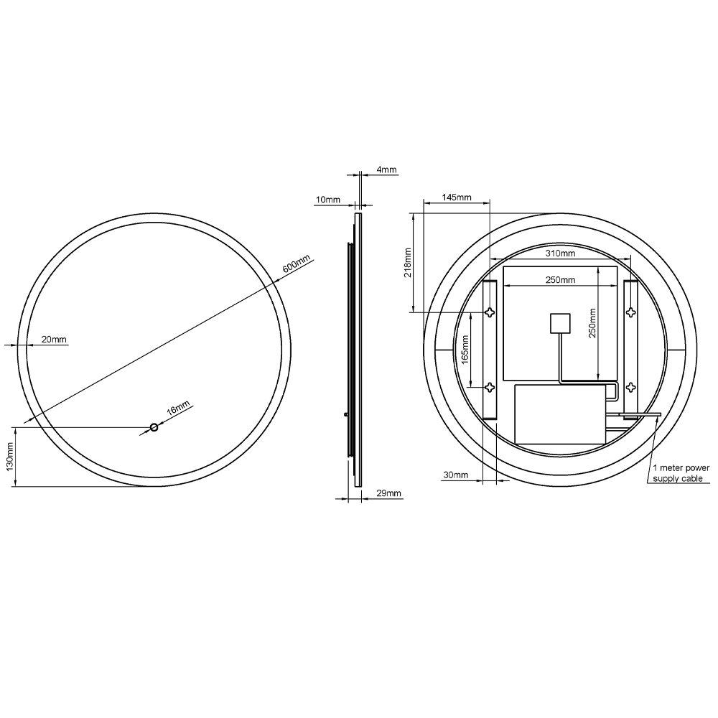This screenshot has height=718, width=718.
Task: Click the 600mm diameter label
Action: pyautogui.click(x=296, y=264)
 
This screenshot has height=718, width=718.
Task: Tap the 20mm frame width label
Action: pyautogui.click(x=53, y=340)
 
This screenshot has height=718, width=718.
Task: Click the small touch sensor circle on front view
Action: pyautogui.click(x=153, y=428)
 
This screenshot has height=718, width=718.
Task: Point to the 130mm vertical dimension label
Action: pyautogui.click(x=9, y=456)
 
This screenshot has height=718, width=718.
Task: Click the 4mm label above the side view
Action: pyautogui.click(x=386, y=170)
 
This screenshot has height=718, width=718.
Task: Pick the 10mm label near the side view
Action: pyautogui.click(x=328, y=199)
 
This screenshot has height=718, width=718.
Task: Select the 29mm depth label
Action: pyautogui.click(x=388, y=493)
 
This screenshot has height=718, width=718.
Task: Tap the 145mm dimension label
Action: pyautogui.click(x=457, y=197)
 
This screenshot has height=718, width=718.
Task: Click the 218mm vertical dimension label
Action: pyautogui.click(x=407, y=263)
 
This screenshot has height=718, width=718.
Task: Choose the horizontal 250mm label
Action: pyautogui.click(x=560, y=279)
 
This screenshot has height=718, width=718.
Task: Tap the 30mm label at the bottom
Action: pyautogui.click(x=455, y=475)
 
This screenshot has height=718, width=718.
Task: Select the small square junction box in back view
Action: pyautogui.click(x=559, y=324)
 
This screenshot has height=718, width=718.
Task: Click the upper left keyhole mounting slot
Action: pyautogui.click(x=490, y=312)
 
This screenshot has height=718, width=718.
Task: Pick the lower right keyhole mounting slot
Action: pyautogui.click(x=630, y=388)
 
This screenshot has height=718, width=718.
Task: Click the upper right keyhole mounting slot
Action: pyautogui.click(x=630, y=312)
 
